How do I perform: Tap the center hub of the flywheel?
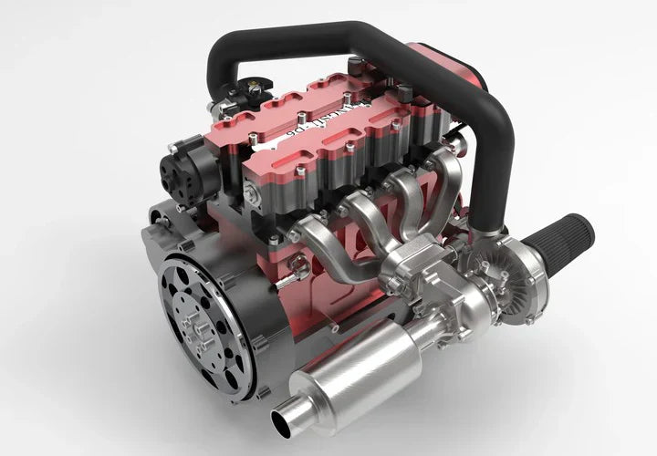pyautogui.click(x=194, y=319)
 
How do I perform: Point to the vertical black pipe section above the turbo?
pyautogui.click(x=493, y=173)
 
